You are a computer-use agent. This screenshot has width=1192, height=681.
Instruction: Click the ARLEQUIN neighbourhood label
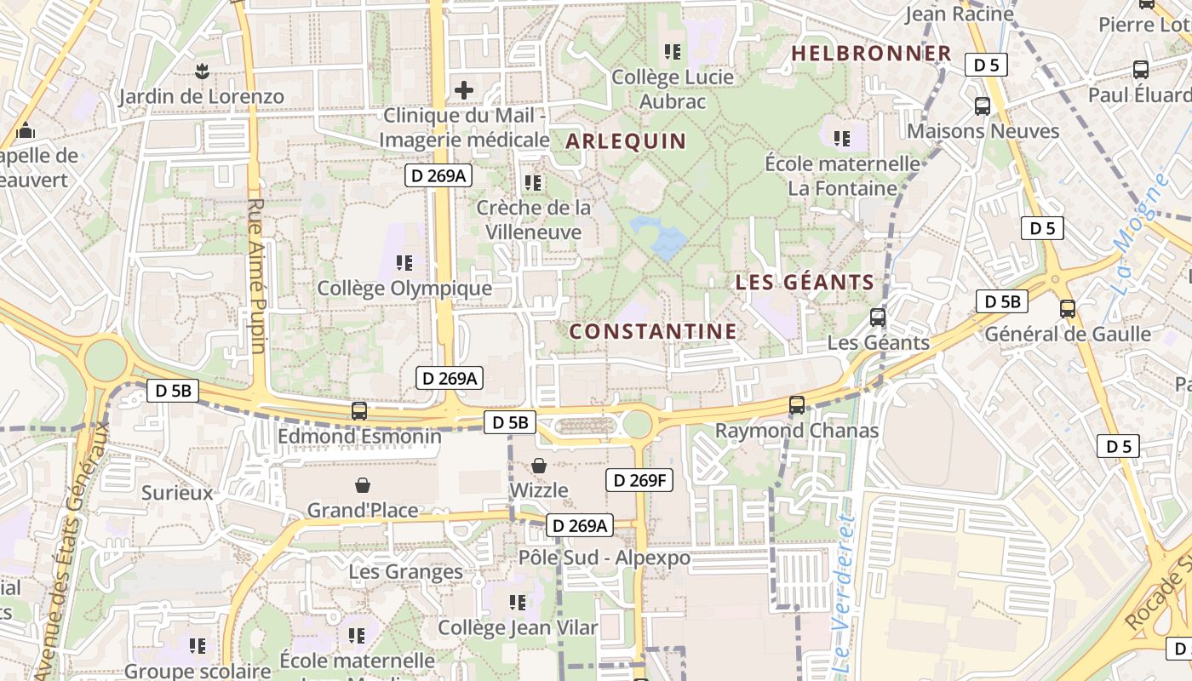(626, 140)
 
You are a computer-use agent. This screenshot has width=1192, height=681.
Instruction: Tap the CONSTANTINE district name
(652, 331)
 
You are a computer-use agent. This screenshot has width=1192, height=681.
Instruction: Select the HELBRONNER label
(871, 53)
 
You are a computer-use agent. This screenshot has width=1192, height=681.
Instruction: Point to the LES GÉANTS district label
(805, 282)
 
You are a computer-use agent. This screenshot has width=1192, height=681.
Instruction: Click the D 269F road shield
(639, 480)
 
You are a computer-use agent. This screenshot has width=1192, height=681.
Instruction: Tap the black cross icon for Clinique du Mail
(464, 89)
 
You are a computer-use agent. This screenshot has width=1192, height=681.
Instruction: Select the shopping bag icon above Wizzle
(539, 466)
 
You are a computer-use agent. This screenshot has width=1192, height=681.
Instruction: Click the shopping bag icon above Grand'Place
(363, 485)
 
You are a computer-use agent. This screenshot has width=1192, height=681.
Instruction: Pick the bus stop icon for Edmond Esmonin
(359, 411)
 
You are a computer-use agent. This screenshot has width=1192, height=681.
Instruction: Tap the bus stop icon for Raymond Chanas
(797, 405)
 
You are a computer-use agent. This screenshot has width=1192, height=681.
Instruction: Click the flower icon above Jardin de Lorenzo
(201, 72)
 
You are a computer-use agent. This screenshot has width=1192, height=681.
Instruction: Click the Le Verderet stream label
(841, 587)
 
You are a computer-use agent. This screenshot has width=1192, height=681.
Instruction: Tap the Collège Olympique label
(404, 289)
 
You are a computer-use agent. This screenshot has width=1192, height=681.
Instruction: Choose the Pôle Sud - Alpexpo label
(605, 559)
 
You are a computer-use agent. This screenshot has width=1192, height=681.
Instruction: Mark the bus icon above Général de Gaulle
(1068, 309)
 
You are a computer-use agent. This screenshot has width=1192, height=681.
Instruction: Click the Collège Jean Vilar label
(518, 628)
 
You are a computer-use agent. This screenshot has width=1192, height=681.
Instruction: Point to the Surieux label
(177, 493)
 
